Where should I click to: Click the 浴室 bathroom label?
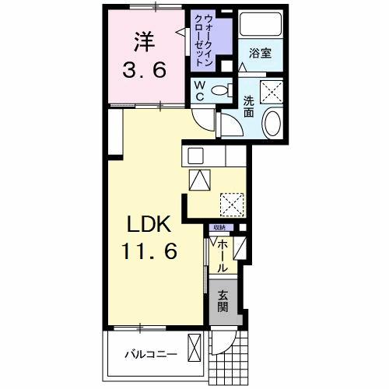260,54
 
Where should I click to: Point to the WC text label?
199,89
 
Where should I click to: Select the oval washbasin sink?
273,123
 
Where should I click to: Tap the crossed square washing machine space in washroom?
273,92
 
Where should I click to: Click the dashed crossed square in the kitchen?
231,204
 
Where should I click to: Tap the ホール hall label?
223,254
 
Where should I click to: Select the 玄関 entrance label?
223,302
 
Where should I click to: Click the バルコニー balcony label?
152,355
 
